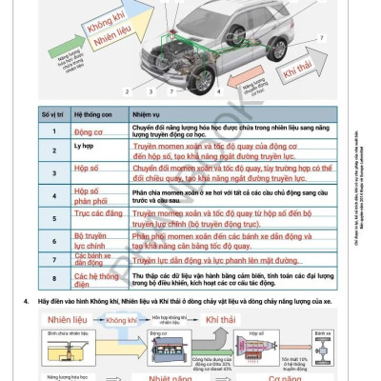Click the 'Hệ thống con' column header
(94, 114)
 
